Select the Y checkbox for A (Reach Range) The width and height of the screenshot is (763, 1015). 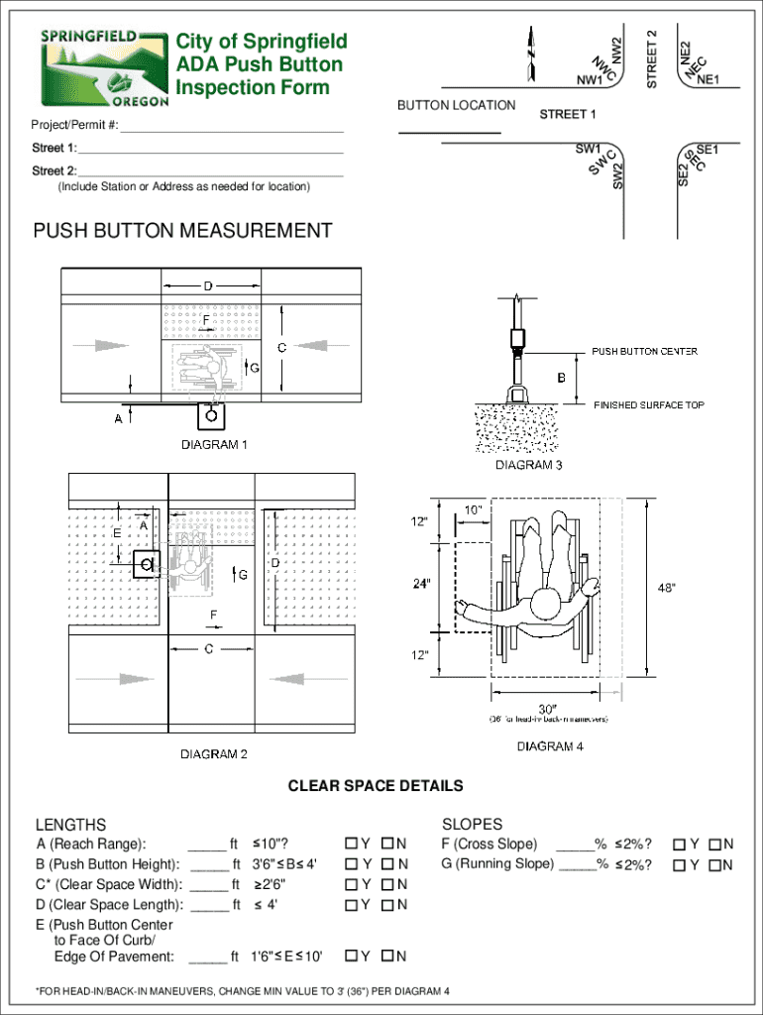[352, 844]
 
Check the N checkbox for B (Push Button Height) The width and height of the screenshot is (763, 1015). [387, 863]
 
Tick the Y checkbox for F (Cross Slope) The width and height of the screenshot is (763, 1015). [680, 844]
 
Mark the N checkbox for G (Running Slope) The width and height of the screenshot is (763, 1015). [714, 864]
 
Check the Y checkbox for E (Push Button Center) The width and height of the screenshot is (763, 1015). [352, 957]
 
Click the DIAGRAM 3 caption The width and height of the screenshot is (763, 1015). [529, 465]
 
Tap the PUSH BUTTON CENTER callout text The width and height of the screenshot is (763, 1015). [645, 351]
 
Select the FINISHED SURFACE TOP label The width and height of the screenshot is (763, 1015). [649, 404]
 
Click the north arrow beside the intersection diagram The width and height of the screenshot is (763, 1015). [533, 53]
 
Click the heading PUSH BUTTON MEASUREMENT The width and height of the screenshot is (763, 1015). [183, 231]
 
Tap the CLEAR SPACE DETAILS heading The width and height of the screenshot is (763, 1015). [376, 786]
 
